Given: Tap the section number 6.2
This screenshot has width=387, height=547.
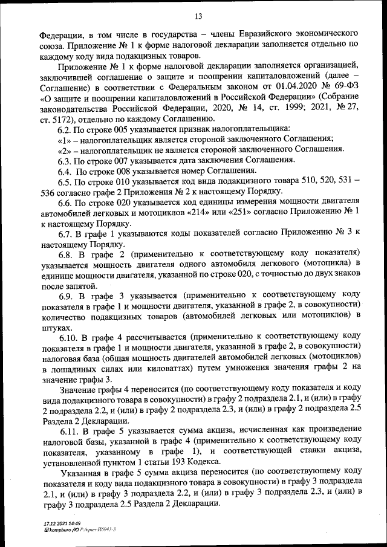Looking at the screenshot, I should [64, 130].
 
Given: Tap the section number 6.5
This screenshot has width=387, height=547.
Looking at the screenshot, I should [65, 182].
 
